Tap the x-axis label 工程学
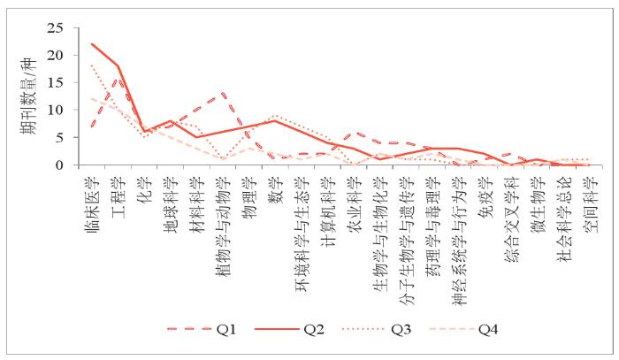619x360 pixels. coord(118,192)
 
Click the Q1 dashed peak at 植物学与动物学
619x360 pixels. coord(223,94)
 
